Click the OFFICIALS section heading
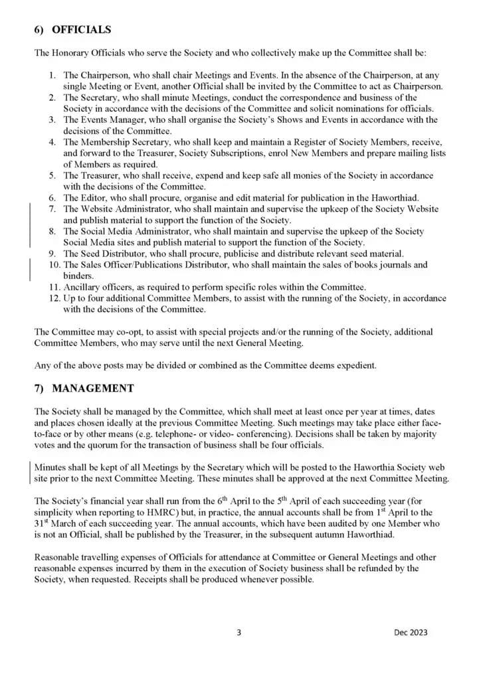(81, 30)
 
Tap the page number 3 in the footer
(239, 632)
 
